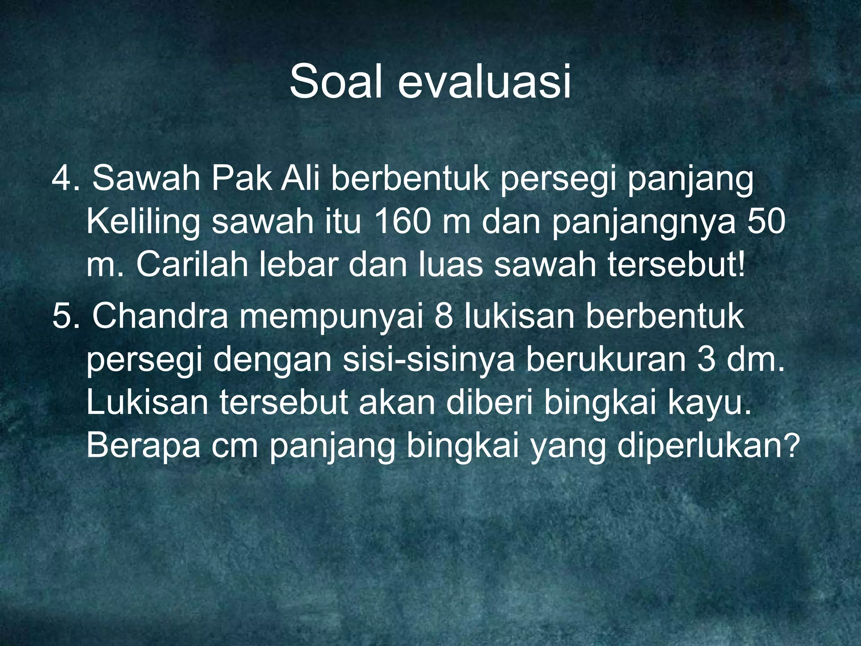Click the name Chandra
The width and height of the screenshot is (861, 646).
160,317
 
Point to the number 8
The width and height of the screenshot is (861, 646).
444,317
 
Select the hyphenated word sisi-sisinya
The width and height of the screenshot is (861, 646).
428,361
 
